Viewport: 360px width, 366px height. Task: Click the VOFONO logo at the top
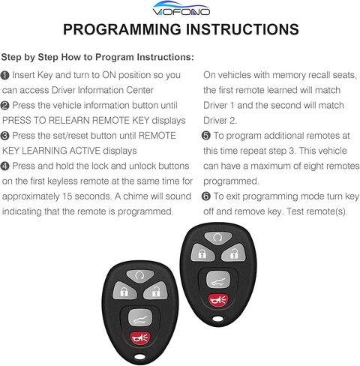pyautogui.click(x=181, y=10)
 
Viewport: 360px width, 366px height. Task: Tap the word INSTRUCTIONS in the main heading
pyautogui.click(x=239, y=30)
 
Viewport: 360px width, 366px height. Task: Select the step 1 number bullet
pyautogui.click(x=5, y=76)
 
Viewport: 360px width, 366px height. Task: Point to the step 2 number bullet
pyautogui.click(x=5, y=104)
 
